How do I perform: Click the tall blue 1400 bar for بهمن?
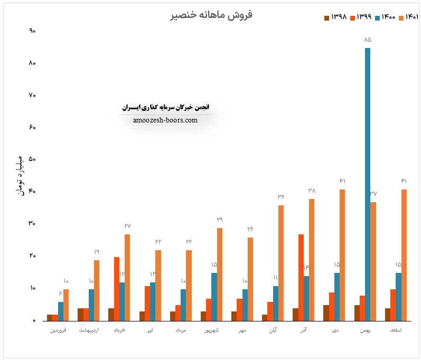pos(368,184)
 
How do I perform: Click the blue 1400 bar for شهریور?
pos(214,297)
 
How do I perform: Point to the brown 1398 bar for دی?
pos(326,312)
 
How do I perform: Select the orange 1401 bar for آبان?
pos(281,263)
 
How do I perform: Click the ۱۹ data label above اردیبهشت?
pos(97,252)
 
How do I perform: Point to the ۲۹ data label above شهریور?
pos(219,220)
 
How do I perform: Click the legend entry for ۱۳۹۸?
pos(336,17)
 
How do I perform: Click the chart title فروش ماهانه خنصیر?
pos(211,14)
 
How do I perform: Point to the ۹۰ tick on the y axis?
pos(32,31)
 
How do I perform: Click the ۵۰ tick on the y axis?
pos(32,159)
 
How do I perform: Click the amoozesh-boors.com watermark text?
pos(166,120)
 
